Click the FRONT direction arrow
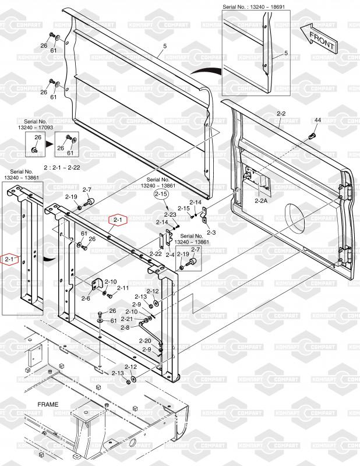319,38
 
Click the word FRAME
48,404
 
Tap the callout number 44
318,120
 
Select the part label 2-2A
261,200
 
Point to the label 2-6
86,298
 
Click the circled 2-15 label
161,195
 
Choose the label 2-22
156,254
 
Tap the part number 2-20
145,341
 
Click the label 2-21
126,319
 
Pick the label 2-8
125,327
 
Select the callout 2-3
211,232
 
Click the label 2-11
123,288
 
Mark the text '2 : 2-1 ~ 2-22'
62,167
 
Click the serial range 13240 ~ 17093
36,127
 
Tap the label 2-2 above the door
281,113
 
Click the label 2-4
170,255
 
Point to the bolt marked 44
312,137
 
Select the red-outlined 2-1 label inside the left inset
10,259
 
